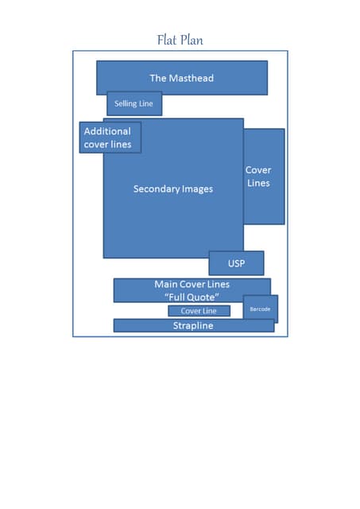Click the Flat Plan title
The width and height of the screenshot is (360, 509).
coord(180,40)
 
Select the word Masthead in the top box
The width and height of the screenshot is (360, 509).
coord(191,78)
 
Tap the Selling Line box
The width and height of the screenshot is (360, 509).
coord(134,103)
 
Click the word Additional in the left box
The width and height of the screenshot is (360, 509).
coord(107,131)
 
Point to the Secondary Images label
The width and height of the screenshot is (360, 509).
coord(173,189)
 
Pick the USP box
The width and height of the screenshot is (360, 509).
coord(237,263)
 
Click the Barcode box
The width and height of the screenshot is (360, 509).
coord(261,309)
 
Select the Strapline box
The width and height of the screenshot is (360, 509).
coord(194,325)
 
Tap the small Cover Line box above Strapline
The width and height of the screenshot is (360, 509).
coord(199,311)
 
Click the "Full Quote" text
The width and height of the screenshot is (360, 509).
coord(192,297)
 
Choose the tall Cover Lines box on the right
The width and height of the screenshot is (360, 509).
coord(264,177)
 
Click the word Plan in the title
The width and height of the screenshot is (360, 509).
coord(192,40)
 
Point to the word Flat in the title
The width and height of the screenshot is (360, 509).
coord(167,40)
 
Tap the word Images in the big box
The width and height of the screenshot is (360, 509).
coord(193,189)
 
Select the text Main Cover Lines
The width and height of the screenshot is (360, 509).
coord(192,285)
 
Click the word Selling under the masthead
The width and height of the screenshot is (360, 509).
coord(126,103)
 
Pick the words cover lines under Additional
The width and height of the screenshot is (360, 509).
coord(107,144)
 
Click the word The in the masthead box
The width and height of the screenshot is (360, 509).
coord(158,78)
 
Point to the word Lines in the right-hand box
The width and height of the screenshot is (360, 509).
coord(258,183)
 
